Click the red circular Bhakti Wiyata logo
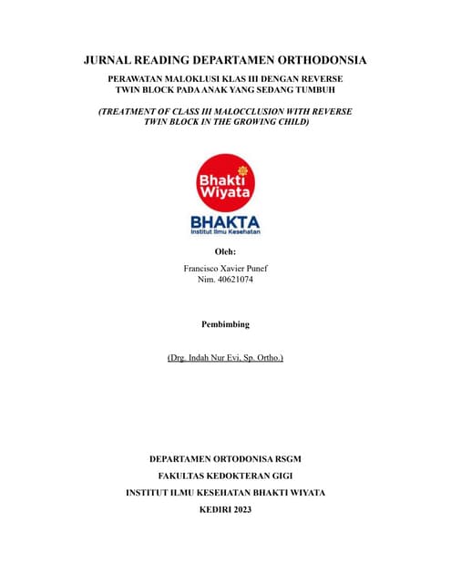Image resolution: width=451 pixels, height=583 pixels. [x=225, y=180]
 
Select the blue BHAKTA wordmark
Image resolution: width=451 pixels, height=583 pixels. [x=225, y=222]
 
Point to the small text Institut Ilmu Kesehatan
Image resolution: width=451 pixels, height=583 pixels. [x=225, y=233]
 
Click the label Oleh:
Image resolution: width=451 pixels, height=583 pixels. [x=225, y=251]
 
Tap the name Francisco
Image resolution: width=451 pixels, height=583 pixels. [x=204, y=270]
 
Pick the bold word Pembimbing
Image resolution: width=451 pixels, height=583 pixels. [x=225, y=324]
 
